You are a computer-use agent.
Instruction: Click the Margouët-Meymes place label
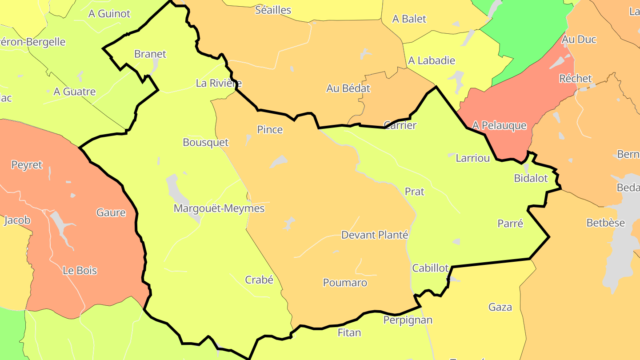(219, 208)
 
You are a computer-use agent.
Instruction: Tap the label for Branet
(150, 54)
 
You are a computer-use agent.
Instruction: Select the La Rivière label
(219, 83)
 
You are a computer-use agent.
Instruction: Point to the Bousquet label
(206, 143)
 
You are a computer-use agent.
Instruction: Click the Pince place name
(270, 130)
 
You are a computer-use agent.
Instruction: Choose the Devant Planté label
(375, 235)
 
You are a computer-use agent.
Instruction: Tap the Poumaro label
(345, 283)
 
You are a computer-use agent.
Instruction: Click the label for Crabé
(259, 280)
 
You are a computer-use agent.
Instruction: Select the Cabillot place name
(431, 268)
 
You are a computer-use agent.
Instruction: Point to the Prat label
(415, 192)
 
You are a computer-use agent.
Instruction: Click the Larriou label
(473, 158)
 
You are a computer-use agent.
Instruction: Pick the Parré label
(510, 224)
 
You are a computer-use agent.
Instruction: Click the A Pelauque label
(499, 126)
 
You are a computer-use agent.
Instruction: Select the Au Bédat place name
(348, 88)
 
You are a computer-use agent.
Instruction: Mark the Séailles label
(273, 10)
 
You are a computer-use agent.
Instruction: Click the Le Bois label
(80, 271)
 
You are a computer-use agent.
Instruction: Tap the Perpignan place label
(408, 320)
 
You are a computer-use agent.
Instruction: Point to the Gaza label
(500, 307)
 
